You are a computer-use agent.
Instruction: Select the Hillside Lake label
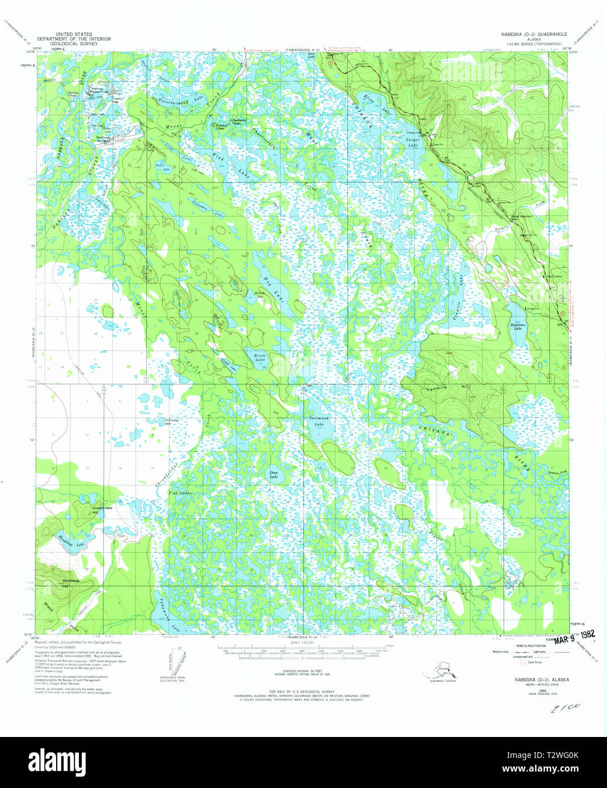pyautogui.click(x=260, y=295)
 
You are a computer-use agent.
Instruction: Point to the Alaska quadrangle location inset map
pyautogui.click(x=442, y=674)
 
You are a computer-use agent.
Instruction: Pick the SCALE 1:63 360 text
pyautogui.click(x=303, y=642)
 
